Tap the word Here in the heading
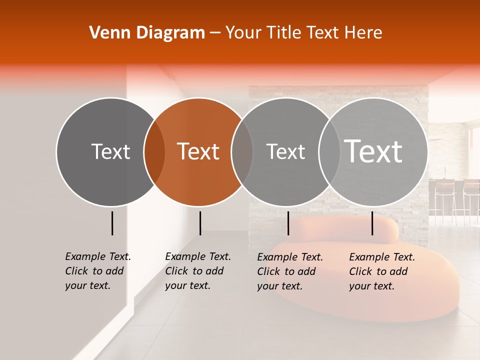(363, 33)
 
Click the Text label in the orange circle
(198, 151)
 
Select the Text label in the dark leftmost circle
(110, 151)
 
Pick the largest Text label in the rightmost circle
(373, 151)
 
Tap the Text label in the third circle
(285, 151)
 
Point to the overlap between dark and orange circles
(154, 152)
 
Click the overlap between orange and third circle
(242, 152)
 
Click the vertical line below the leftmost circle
(112, 223)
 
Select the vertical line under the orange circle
(200, 223)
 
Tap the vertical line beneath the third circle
(288, 223)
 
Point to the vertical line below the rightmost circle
(372, 223)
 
